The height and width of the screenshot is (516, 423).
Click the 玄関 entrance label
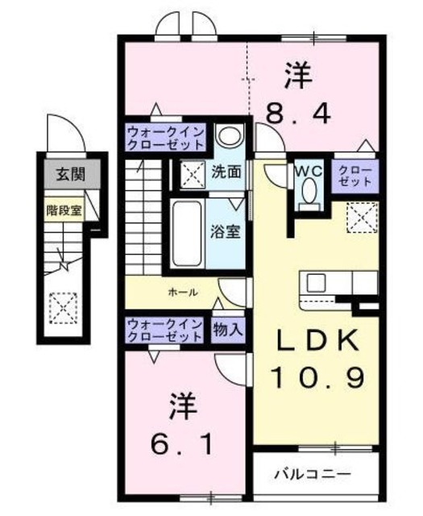71,174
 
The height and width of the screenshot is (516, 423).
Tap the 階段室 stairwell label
64,210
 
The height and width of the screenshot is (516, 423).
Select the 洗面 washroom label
226,172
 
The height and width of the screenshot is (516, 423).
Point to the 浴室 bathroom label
226,231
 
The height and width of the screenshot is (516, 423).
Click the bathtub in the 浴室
187,233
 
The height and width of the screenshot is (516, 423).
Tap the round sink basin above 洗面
230,135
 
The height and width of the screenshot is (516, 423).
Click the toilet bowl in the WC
309,191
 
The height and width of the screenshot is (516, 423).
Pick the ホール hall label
183,292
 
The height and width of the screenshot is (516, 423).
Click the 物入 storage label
228,329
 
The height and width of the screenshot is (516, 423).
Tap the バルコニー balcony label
313,474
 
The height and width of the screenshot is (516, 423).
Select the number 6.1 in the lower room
182,444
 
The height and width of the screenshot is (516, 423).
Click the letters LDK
317,341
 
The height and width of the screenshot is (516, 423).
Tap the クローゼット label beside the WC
355,176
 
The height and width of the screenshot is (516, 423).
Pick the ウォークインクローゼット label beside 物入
165,330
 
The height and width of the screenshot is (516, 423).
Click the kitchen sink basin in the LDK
316,283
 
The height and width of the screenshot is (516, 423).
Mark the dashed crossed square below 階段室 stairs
63,308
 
